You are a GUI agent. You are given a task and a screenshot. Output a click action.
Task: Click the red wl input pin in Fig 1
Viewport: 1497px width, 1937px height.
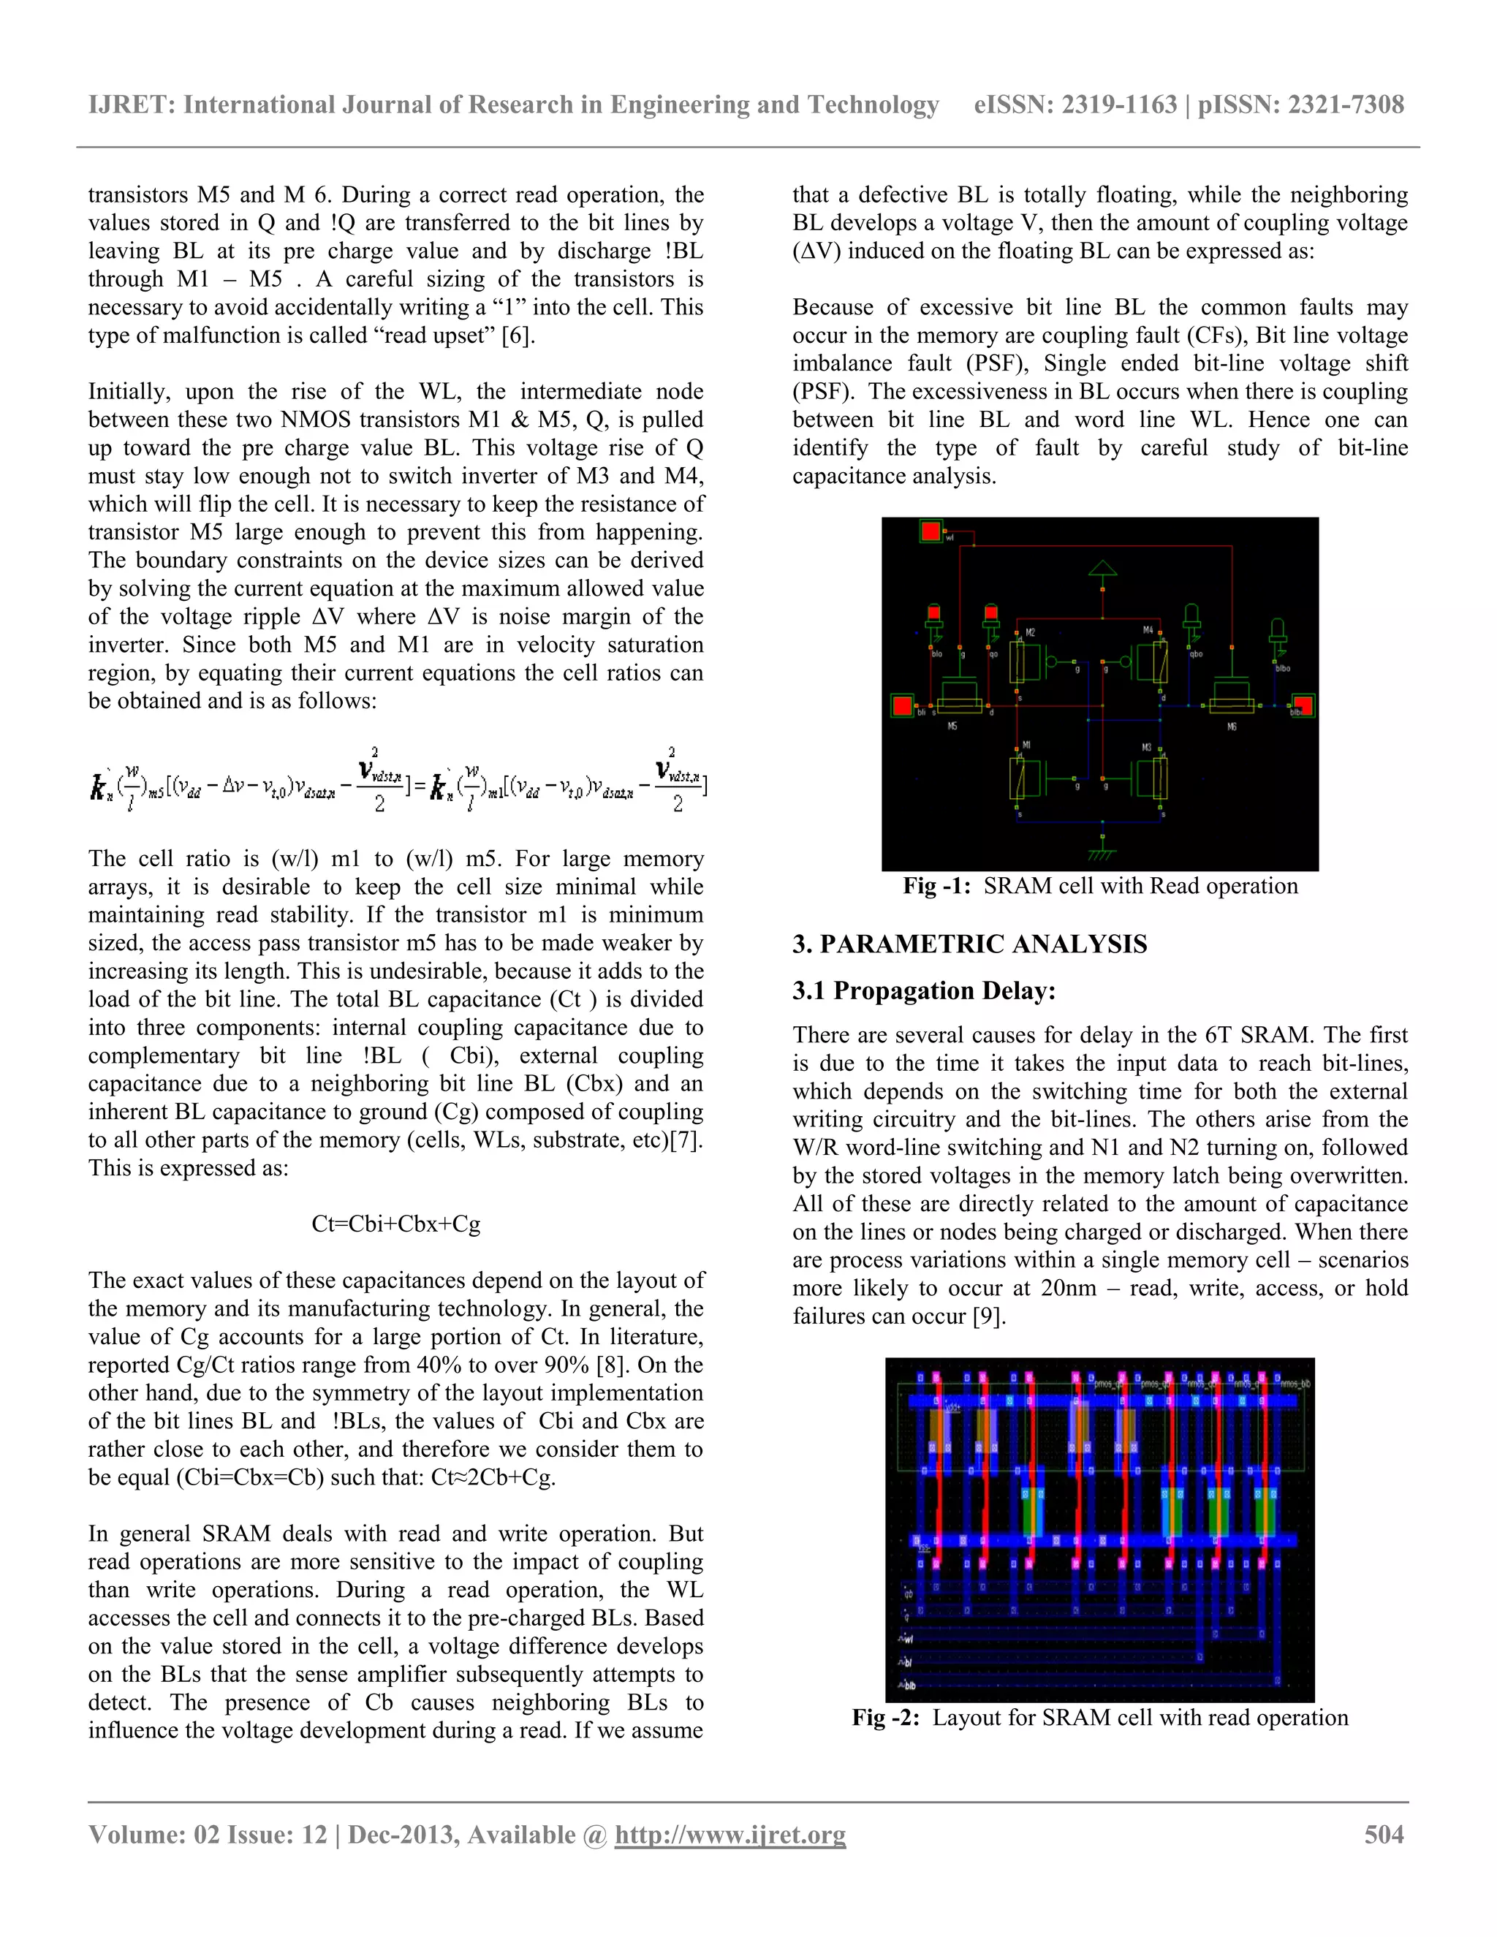point(931,531)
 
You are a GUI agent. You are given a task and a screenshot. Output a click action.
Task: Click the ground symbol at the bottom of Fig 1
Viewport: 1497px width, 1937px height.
point(1102,853)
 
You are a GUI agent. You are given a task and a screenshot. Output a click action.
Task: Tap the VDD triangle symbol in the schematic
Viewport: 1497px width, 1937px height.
point(1102,569)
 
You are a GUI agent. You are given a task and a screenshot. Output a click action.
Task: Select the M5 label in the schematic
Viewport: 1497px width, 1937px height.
point(952,727)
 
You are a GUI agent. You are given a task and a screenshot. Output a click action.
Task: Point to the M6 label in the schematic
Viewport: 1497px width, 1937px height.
point(1232,727)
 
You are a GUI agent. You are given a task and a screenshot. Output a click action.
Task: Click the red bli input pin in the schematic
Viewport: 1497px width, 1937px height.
point(903,706)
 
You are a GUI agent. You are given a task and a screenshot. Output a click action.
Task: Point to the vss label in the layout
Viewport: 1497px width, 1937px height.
point(924,1547)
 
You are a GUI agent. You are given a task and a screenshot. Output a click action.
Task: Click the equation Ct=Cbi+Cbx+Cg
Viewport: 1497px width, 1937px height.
point(395,1224)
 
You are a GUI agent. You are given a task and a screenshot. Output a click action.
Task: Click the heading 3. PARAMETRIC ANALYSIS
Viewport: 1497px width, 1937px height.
point(969,944)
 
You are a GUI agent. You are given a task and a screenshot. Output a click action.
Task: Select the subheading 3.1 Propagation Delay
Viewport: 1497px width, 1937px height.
point(923,990)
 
